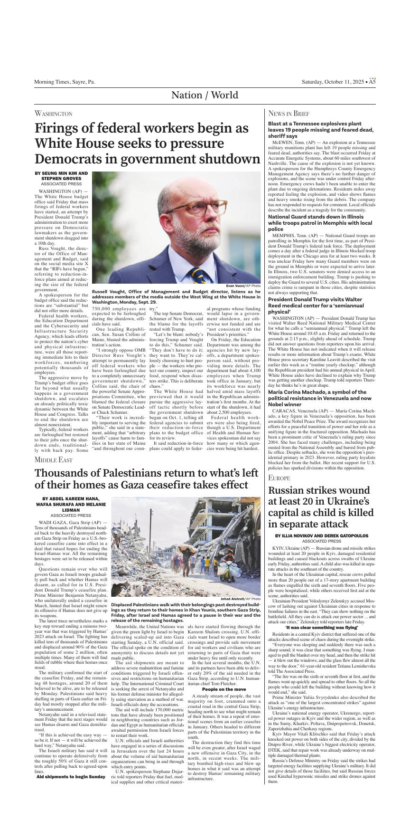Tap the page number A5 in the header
tap(372, 82)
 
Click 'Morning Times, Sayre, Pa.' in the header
tap(65, 82)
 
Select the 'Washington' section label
tap(53, 114)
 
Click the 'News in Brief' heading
tap(289, 114)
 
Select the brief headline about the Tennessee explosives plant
tap(321, 129)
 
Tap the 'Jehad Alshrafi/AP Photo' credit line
tap(240, 599)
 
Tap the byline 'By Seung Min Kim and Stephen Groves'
tap(61, 176)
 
